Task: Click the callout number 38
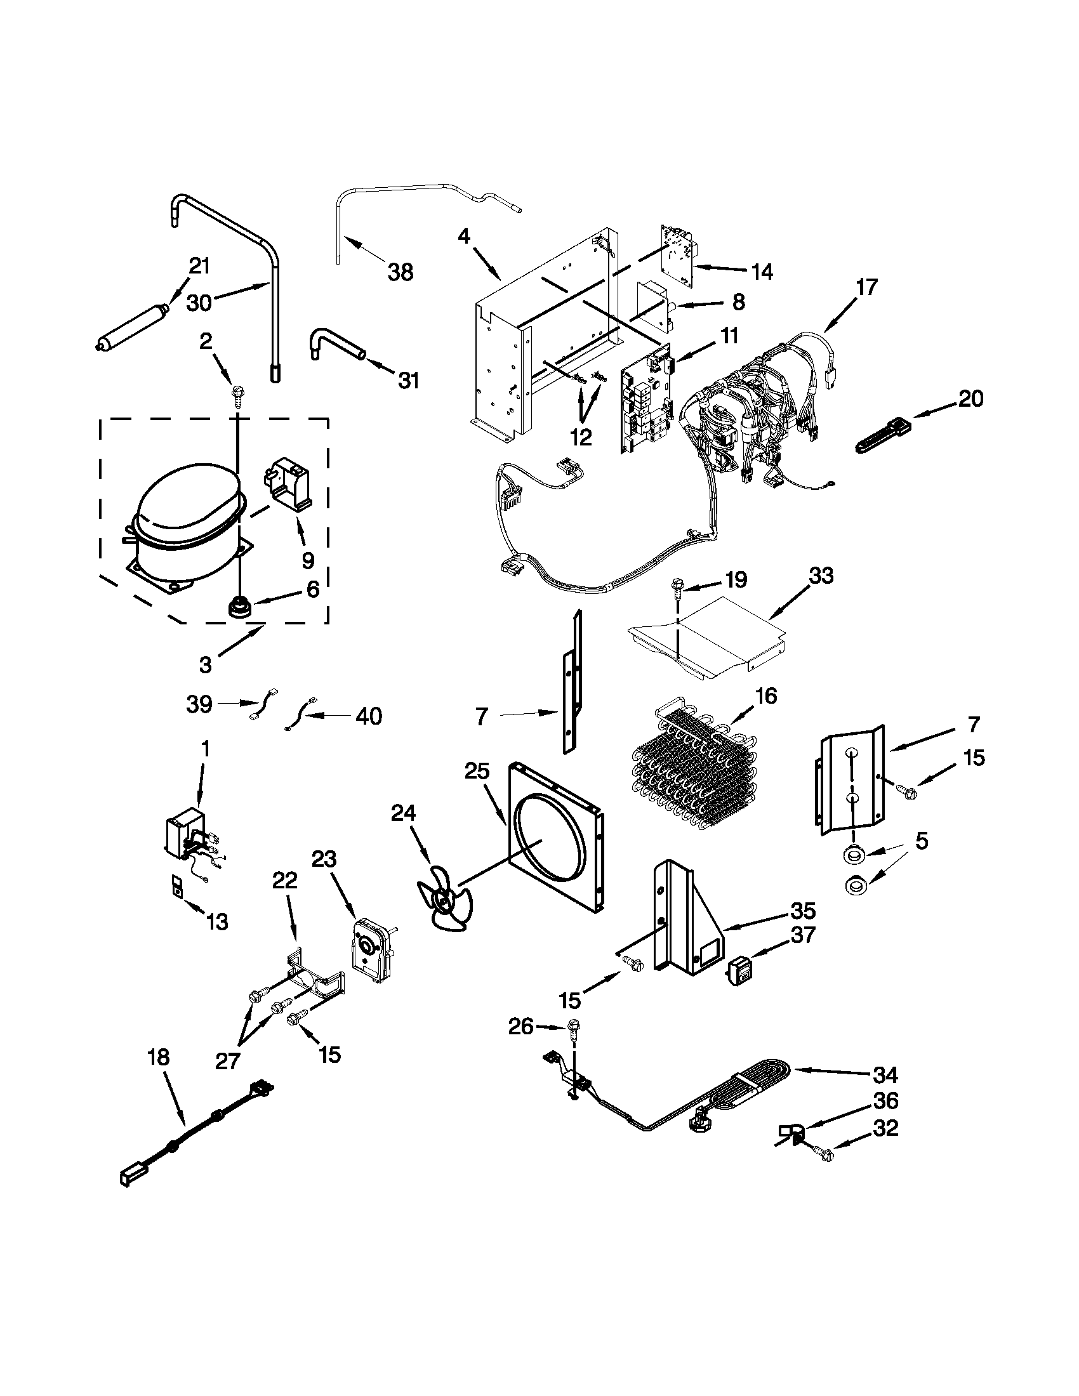(x=400, y=272)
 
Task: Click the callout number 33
(x=821, y=576)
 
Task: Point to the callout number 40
(x=368, y=716)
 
